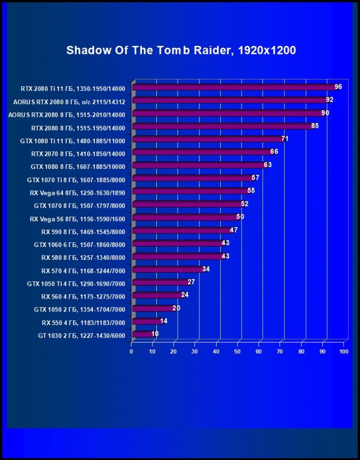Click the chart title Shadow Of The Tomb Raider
[181, 50]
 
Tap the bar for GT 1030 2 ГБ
[142, 334]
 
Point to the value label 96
[338, 87]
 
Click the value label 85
[315, 126]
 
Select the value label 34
[206, 269]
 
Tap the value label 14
[163, 320]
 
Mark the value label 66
[274, 151]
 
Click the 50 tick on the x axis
[238, 352]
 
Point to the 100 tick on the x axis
[344, 352]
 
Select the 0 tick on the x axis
[131, 352]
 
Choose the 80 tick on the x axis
[302, 352]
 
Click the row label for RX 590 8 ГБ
[83, 231]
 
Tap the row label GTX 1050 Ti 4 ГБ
[76, 283]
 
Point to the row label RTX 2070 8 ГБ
[78, 154]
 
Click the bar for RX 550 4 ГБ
[146, 321]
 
